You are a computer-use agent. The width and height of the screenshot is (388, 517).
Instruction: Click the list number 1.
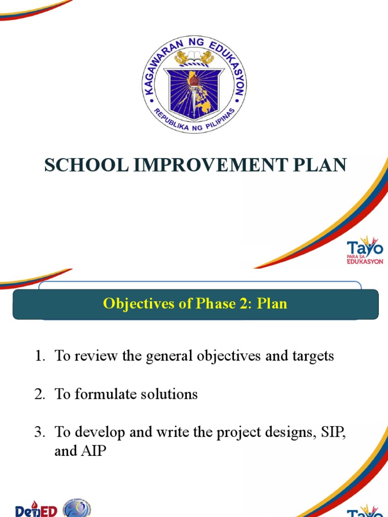40,356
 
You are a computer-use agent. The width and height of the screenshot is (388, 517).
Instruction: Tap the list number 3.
40,432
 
